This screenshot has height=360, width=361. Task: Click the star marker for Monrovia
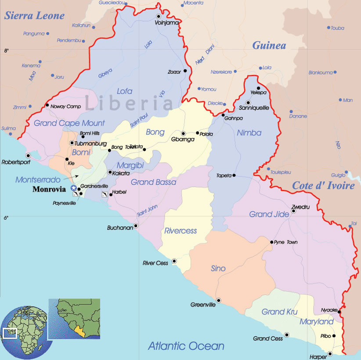click(73, 188)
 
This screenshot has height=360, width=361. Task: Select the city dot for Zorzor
click(185, 71)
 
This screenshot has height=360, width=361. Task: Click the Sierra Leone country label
click(34, 16)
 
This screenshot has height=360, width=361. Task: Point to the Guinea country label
click(269, 45)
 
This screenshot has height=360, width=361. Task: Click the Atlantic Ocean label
click(186, 346)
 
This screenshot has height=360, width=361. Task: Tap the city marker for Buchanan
click(136, 225)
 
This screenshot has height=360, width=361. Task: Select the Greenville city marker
click(219, 301)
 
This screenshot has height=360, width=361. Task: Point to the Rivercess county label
click(180, 231)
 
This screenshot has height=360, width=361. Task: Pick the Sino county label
click(218, 269)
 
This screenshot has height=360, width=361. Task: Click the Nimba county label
click(249, 133)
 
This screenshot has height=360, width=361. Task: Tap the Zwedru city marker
click(294, 211)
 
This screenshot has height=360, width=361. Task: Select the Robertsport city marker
click(28, 155)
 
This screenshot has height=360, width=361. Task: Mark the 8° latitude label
click(6, 51)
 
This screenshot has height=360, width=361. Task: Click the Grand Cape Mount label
click(69, 123)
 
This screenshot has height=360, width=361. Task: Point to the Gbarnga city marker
click(183, 134)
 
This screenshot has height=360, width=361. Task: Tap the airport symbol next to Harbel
click(105, 194)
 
